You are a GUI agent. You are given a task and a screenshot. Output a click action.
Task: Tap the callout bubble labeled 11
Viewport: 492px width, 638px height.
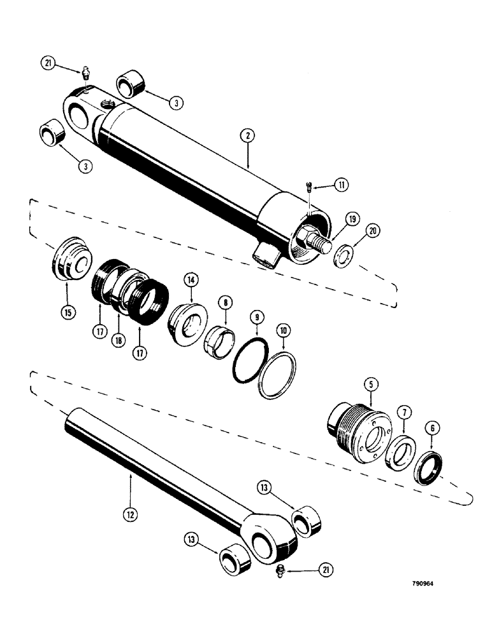(x=342, y=185)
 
